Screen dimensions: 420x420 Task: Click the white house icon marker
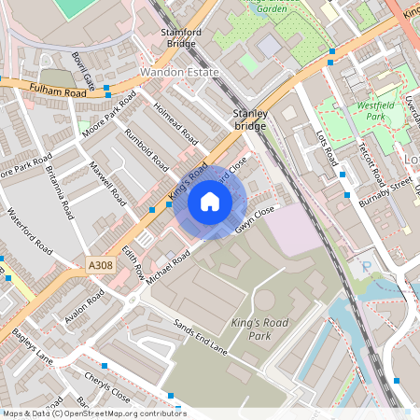tap(210, 201)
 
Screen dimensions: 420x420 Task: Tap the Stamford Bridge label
tap(181, 37)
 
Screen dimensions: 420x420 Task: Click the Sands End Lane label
tap(201, 337)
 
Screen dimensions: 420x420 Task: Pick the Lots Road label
tap(326, 147)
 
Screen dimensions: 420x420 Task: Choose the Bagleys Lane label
tap(31, 345)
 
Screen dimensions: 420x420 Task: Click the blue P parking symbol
tap(366, 267)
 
